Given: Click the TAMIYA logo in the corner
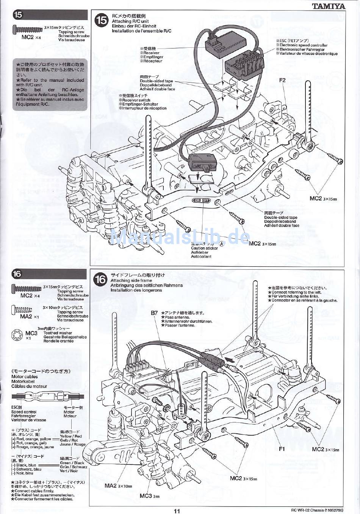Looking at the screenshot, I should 329,6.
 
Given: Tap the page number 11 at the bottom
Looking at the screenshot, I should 177,510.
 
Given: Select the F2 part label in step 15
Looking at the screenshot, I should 282,80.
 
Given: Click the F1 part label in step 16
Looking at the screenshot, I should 282,449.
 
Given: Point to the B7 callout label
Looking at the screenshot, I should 154,313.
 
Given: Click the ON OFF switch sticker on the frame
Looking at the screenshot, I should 201,200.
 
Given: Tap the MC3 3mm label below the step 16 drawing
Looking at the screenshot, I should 149,496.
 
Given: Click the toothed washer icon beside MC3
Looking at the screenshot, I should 17,335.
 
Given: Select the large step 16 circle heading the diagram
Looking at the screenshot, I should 101,280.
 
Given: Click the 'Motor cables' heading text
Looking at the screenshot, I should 25,377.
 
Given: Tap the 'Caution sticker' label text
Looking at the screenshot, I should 204,248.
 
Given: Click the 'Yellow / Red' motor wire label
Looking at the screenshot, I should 70,436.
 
